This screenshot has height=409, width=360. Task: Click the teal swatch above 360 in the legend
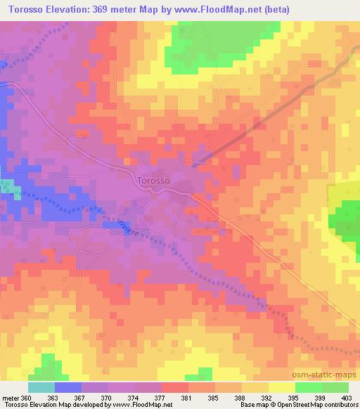coord(41,387)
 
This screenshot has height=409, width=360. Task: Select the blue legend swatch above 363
coord(67,387)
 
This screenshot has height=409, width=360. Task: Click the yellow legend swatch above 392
coord(255,387)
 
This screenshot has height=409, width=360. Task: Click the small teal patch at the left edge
coord(6,187)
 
